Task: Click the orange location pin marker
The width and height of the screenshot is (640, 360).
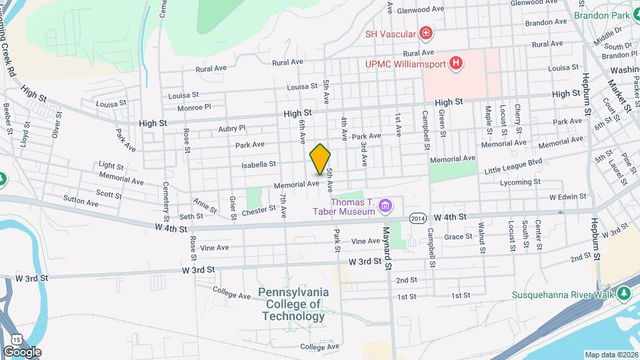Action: (x=321, y=159)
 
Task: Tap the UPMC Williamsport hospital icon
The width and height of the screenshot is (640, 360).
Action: (x=456, y=63)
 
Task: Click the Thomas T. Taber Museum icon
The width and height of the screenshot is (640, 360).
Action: (x=385, y=206)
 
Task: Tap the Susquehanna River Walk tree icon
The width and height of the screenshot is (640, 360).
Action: (x=624, y=293)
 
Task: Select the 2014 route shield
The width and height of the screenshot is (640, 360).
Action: (x=418, y=218)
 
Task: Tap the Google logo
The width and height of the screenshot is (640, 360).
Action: (x=21, y=351)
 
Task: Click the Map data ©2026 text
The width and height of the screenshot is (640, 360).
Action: (x=611, y=355)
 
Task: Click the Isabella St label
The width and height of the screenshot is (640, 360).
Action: (x=258, y=164)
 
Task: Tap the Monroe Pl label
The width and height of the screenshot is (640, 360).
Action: (x=194, y=107)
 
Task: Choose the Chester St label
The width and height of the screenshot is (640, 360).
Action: (x=259, y=209)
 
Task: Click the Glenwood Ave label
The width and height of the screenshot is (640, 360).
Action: (x=420, y=10)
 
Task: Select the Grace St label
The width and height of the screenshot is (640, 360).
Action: (x=458, y=237)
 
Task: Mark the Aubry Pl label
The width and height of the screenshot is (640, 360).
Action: (x=232, y=128)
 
